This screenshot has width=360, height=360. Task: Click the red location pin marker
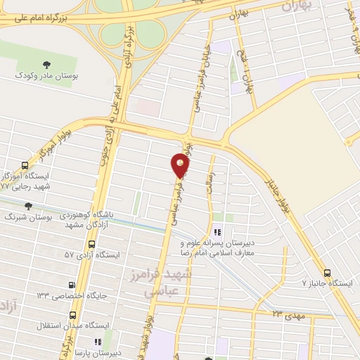click(x=181, y=165)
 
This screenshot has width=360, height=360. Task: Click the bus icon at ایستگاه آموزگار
click(x=26, y=163)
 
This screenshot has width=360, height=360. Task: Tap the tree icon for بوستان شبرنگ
click(x=28, y=206)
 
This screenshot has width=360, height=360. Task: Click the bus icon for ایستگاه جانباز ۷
click(x=326, y=272)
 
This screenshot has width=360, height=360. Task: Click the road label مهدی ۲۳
click(x=286, y=314)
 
